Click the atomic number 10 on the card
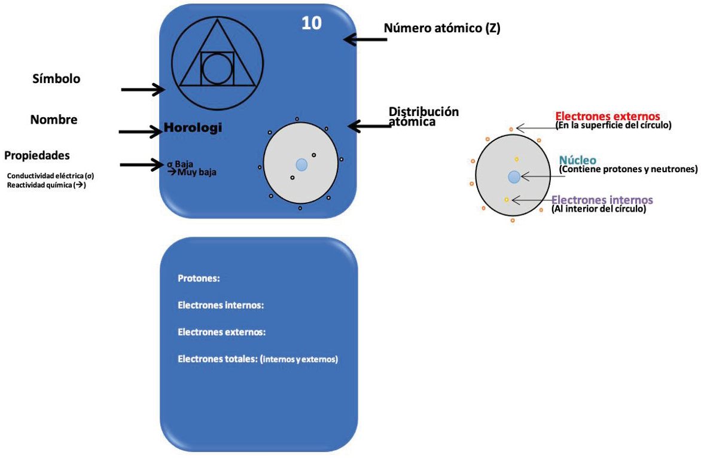(311, 23)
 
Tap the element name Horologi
(193, 128)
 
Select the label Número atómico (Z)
(442, 28)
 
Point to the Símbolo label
(56, 79)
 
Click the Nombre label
(54, 120)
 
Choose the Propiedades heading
(37, 155)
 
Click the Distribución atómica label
(423, 117)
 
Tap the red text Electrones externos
(608, 116)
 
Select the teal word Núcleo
(578, 160)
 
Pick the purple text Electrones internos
(602, 200)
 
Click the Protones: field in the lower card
(199, 279)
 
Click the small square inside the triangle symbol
(217, 68)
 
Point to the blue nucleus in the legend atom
(514, 177)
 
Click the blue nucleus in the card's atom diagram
(302, 164)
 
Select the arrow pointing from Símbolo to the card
(143, 89)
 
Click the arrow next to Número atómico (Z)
(365, 39)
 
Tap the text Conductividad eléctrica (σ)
(50, 176)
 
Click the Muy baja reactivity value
(197, 172)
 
